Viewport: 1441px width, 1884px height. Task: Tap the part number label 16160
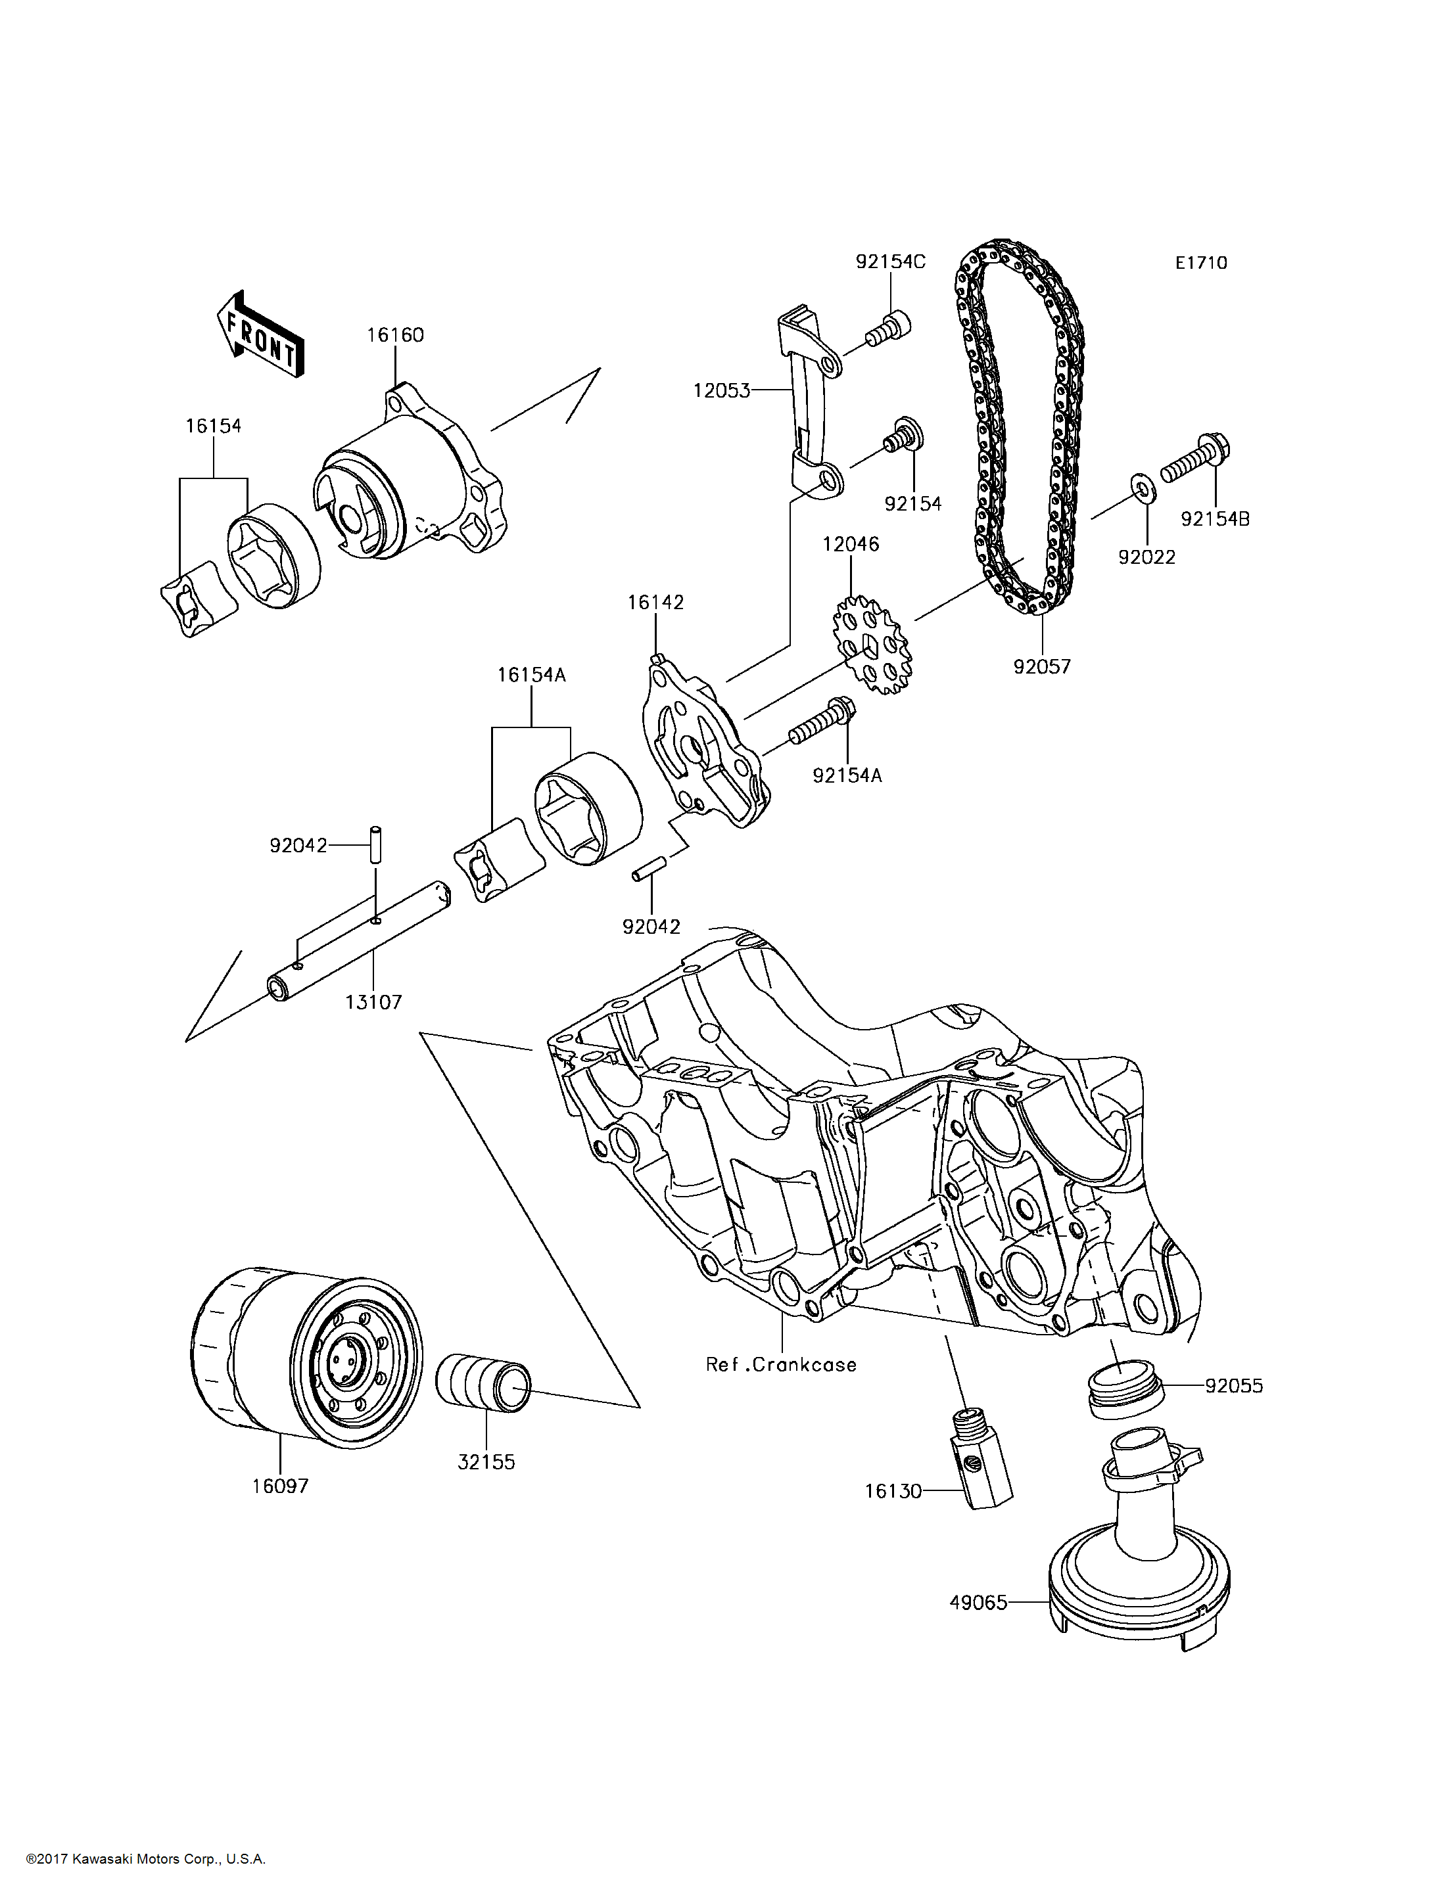point(395,335)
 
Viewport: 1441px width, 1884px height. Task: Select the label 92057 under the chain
point(1041,666)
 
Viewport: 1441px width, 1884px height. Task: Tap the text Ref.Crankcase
point(780,1364)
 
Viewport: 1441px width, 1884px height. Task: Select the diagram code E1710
point(1201,264)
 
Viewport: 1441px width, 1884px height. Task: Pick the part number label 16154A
point(531,675)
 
